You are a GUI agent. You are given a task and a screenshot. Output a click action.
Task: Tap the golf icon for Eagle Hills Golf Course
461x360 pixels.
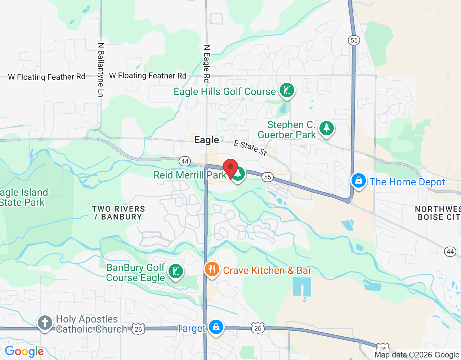click(x=287, y=90)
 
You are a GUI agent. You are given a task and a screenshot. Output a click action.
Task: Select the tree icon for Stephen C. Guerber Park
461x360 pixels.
click(x=326, y=128)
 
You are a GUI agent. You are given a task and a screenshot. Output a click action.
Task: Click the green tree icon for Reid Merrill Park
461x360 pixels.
click(x=238, y=174)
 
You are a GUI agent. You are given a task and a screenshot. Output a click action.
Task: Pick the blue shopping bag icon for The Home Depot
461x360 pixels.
click(x=359, y=181)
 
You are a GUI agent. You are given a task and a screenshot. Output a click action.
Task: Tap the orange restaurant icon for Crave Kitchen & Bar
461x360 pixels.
click(x=212, y=269)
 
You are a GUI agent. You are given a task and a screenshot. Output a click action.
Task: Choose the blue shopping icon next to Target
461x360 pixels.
click(x=216, y=327)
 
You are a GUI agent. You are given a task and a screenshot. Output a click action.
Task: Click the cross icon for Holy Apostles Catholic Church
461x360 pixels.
click(x=45, y=323)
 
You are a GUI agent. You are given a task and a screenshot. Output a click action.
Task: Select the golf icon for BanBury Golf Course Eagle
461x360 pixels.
click(x=176, y=271)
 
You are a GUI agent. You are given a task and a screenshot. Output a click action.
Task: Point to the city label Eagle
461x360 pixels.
click(x=206, y=140)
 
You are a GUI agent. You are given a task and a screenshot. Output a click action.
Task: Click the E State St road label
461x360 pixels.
click(x=250, y=148)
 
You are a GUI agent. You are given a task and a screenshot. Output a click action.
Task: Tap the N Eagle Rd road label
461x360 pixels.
click(x=207, y=64)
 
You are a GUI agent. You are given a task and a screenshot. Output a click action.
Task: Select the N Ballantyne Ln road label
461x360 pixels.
click(x=101, y=70)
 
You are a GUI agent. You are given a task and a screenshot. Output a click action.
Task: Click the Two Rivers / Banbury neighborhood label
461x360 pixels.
click(x=118, y=213)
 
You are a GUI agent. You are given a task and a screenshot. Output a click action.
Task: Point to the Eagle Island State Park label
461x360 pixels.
click(x=23, y=197)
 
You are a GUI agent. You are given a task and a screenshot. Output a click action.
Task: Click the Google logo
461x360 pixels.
click(x=24, y=351)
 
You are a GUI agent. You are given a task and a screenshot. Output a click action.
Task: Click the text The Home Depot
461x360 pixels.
click(x=407, y=182)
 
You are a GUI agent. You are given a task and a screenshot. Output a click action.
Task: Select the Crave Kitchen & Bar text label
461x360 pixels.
click(x=267, y=270)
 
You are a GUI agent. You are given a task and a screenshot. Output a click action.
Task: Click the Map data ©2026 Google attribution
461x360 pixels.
click(x=417, y=355)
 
